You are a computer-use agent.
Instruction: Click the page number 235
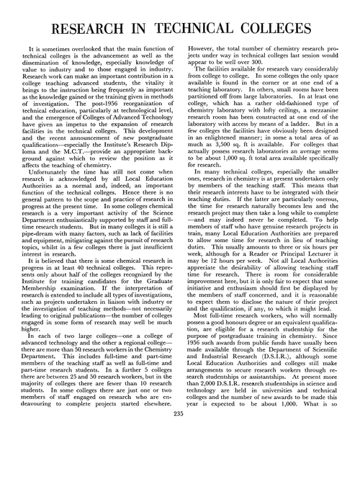tap(179, 472)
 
